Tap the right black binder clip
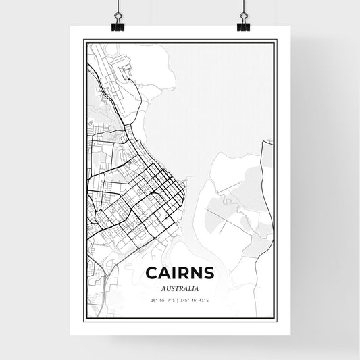click(x=243, y=26)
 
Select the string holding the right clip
click(x=243, y=8)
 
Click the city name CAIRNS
click(x=180, y=273)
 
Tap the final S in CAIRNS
click(x=209, y=273)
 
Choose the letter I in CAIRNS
click(x=176, y=273)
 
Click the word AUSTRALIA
click(x=180, y=288)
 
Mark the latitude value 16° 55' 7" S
click(x=162, y=299)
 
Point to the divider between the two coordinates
click(x=178, y=299)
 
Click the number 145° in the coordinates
click(x=186, y=299)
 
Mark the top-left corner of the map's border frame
click(x=84, y=41)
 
